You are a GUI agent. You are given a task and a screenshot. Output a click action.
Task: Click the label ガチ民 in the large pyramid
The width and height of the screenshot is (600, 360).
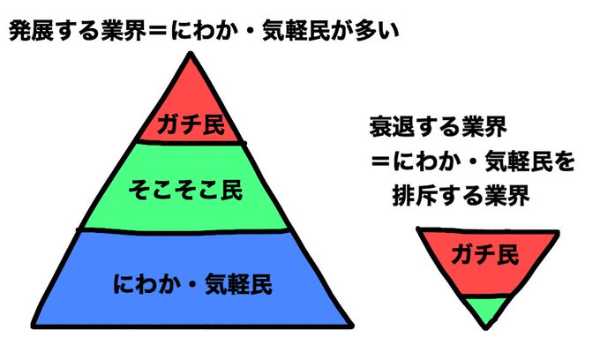click(x=191, y=124)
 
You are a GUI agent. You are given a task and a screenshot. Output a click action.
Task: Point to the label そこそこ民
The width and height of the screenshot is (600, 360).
click(x=185, y=190)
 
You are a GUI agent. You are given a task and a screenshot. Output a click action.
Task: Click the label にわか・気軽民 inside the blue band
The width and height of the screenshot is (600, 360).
click(x=192, y=284)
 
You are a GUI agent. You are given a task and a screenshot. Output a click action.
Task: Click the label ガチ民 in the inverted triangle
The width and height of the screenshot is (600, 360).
click(x=484, y=254)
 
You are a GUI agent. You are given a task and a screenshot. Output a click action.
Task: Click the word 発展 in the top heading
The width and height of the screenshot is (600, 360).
click(x=32, y=31)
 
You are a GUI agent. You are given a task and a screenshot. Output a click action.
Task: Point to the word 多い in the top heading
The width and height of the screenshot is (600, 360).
click(x=377, y=31)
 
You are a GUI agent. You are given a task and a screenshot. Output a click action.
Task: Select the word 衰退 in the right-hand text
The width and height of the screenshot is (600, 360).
click(x=393, y=127)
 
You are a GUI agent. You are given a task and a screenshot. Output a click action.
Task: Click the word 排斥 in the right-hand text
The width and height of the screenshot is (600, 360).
click(x=415, y=196)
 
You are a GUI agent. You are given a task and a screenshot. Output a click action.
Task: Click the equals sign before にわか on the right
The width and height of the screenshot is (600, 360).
click(x=381, y=161)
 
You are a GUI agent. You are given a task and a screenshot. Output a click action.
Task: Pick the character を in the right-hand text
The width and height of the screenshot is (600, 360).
click(x=564, y=161)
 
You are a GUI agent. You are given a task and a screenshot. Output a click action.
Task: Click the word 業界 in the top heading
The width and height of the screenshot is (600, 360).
click(x=124, y=31)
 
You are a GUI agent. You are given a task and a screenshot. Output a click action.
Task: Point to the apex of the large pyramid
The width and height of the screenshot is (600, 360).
click(x=191, y=54)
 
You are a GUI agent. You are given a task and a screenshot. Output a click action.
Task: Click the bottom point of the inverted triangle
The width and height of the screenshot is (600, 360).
click(x=485, y=327)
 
